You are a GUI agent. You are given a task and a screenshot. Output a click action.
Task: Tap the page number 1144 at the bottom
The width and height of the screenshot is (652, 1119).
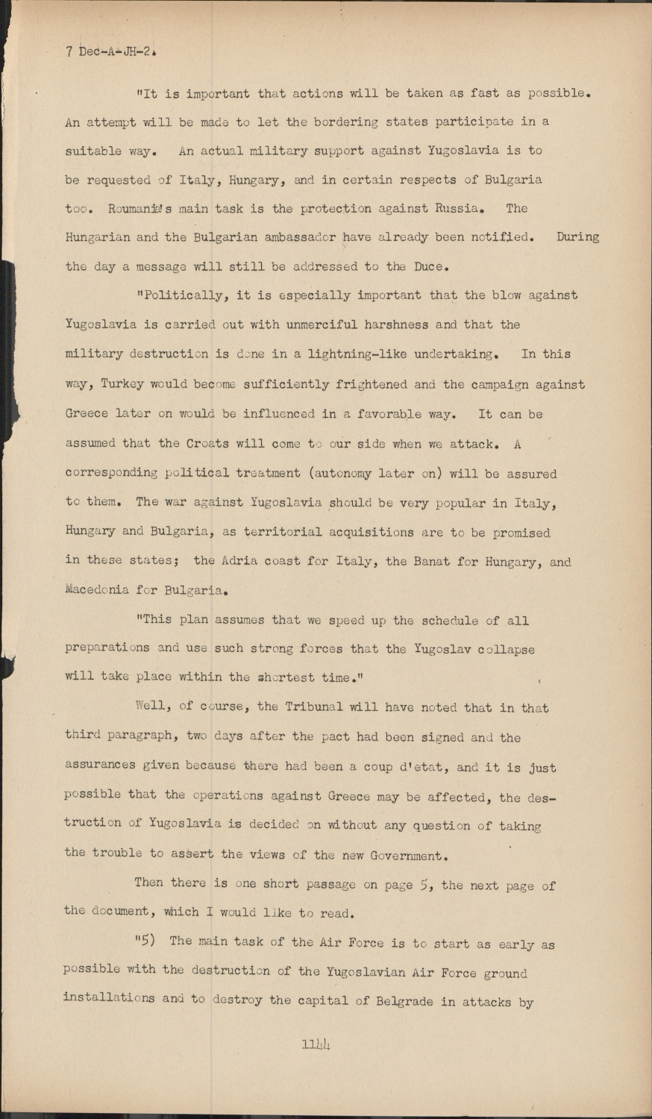316,1044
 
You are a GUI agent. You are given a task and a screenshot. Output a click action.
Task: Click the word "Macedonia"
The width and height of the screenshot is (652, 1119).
97,590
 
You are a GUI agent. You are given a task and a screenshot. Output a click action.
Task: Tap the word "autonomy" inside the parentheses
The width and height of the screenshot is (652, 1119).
342,473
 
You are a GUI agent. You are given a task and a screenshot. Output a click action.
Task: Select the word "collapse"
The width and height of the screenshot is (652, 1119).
507,649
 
